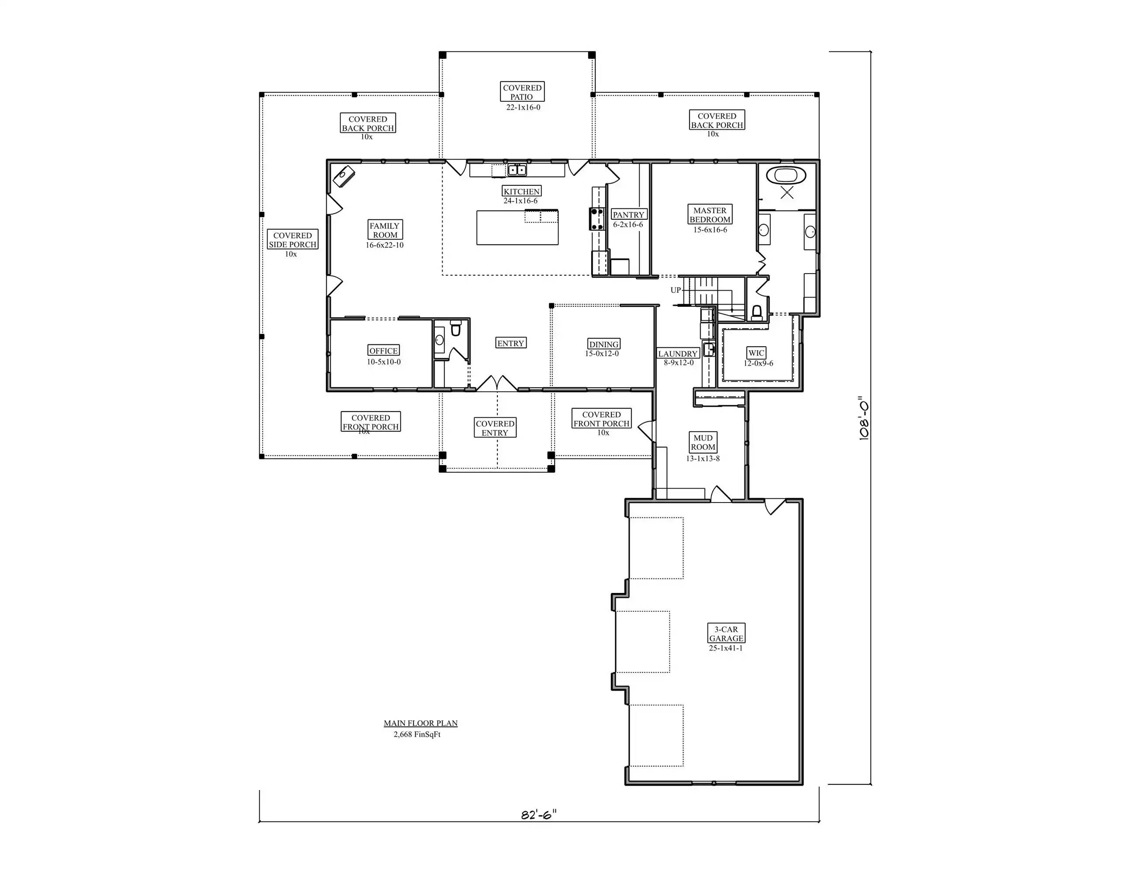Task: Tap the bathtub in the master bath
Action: pos(786,176)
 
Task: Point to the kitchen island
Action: pos(517,227)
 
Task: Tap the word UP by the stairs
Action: pos(676,290)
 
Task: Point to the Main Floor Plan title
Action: pos(420,723)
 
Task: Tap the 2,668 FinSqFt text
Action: pos(417,734)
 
